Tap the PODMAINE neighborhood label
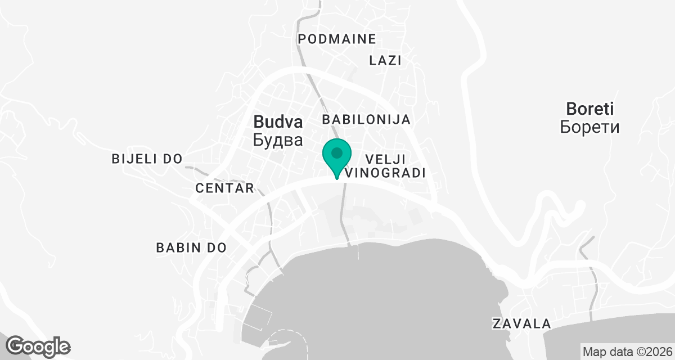[337, 39]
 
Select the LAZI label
[385, 61]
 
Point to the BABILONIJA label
[366, 120]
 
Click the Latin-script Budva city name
[278, 121]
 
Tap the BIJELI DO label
[147, 159]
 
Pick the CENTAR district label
[225, 188]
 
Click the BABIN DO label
[191, 247]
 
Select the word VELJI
[385, 159]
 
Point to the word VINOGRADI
[385, 173]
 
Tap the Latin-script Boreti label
[589, 109]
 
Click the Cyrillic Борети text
[589, 127]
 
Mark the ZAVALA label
[521, 324]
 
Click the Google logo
[38, 346]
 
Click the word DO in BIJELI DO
[174, 159]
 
